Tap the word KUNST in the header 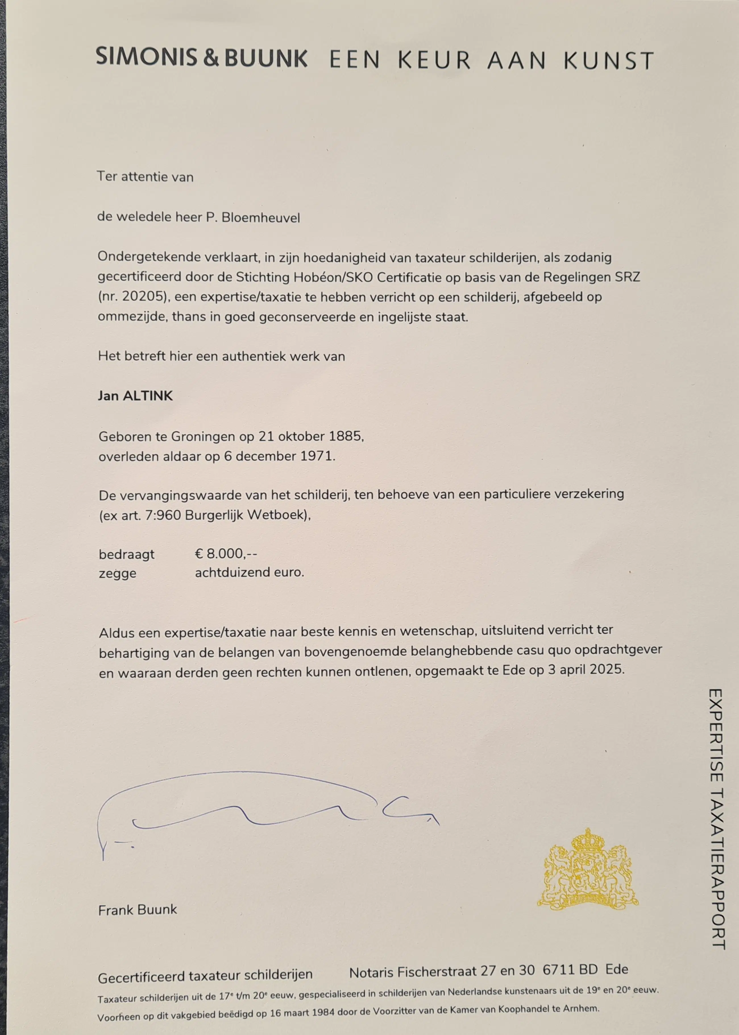click(x=609, y=61)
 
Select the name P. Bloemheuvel click(x=253, y=218)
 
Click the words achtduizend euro click(x=249, y=572)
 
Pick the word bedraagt click(x=126, y=554)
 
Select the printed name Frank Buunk click(x=137, y=910)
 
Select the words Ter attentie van click(x=145, y=177)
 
